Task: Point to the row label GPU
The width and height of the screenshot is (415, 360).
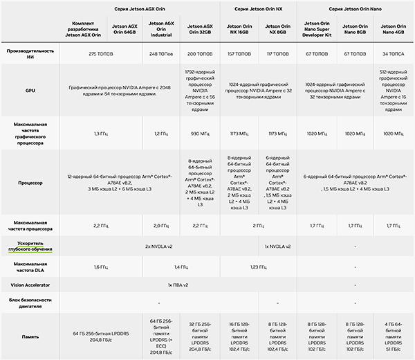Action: pos(30,91)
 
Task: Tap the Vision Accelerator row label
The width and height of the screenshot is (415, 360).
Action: pos(30,285)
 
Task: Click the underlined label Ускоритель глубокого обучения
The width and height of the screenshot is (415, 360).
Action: pos(30,246)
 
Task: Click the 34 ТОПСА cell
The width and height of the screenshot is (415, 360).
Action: pos(394,53)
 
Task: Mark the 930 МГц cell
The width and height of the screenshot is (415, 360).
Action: pos(199,132)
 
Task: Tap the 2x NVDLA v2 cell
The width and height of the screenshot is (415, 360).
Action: pos(159,246)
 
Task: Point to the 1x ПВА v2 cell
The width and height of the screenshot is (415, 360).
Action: pos(178,285)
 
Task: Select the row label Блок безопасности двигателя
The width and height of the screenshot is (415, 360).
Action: pos(30,303)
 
